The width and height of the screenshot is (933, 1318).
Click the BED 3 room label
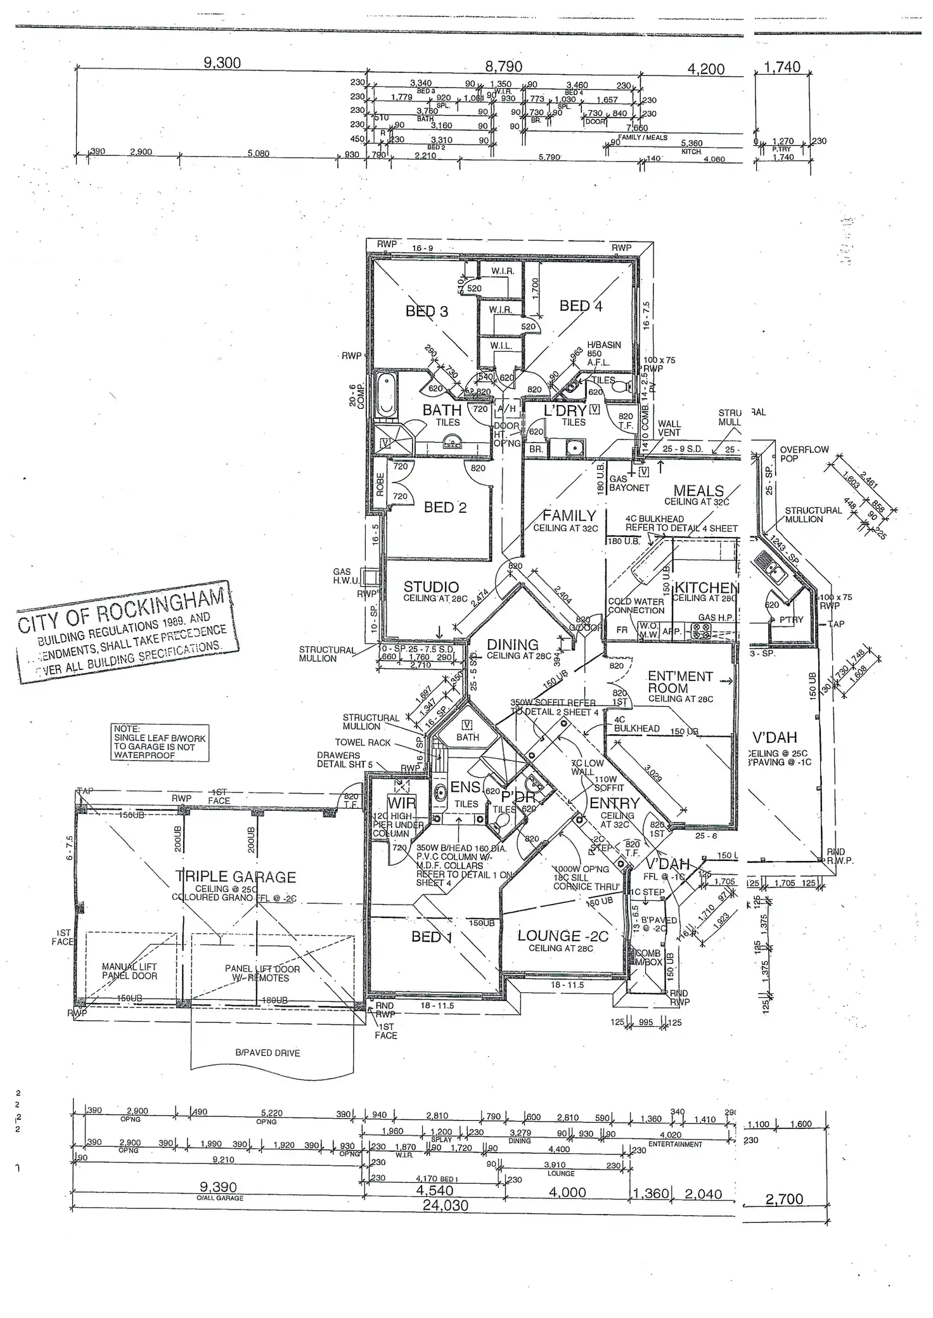click(x=427, y=311)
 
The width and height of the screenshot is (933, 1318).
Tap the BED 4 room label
click(x=581, y=306)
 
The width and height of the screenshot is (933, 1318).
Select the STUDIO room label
click(x=431, y=587)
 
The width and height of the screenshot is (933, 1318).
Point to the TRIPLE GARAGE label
click(x=236, y=877)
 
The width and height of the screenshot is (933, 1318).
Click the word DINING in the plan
click(x=512, y=645)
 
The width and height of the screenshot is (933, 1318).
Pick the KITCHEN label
click(x=705, y=588)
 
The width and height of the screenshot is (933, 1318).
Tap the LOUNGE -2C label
click(x=562, y=936)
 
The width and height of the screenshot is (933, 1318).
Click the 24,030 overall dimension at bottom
click(x=445, y=1205)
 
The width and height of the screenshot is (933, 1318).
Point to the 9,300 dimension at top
click(x=222, y=63)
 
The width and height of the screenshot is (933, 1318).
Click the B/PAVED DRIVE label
click(x=267, y=1052)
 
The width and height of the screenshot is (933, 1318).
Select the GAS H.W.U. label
click(x=346, y=576)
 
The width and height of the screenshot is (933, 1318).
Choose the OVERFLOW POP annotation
click(x=804, y=454)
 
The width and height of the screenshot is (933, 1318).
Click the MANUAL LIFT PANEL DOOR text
click(x=129, y=971)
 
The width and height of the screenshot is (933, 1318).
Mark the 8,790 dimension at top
click(x=503, y=67)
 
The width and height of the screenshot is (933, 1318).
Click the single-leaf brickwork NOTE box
click(x=160, y=742)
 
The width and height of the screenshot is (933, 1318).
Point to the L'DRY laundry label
click(x=565, y=411)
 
